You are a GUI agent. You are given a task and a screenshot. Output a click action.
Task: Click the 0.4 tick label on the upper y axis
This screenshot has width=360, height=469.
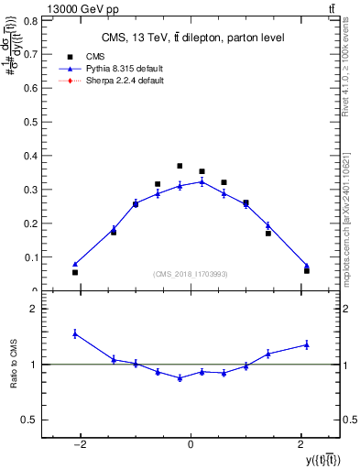[31, 156]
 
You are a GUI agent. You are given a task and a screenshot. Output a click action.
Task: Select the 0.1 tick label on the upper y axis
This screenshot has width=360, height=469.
[31, 257]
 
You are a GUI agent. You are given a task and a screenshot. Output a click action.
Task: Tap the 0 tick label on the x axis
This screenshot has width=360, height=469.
[190, 444]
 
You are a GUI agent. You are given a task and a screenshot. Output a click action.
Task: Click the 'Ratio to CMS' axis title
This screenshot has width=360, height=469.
[13, 364]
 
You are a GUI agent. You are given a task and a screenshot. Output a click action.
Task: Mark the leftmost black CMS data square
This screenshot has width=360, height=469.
[75, 272]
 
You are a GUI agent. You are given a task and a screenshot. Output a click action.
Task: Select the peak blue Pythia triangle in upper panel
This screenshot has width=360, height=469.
[202, 181]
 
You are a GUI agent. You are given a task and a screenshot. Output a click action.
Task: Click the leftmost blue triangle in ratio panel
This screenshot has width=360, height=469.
[75, 333]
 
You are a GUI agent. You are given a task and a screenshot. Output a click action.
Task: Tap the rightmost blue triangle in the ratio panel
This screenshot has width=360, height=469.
[306, 344]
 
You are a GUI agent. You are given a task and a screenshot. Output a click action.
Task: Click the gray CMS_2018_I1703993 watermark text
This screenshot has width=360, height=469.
[190, 273]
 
